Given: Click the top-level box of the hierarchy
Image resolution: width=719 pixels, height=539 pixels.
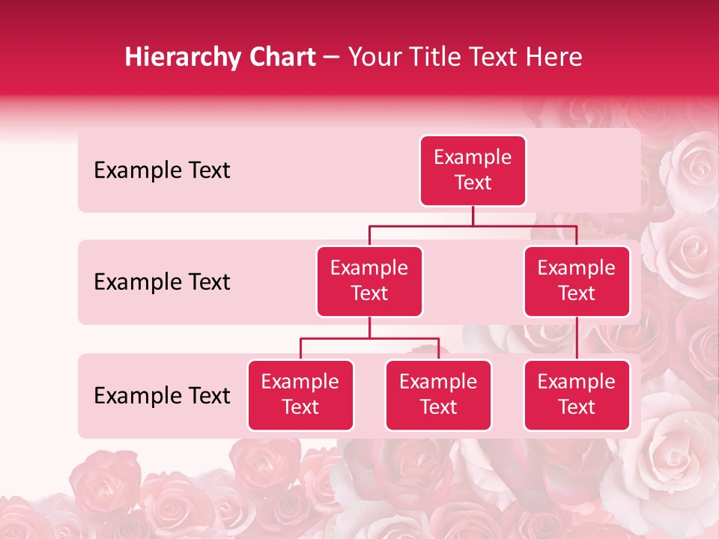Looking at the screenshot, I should click(x=473, y=171).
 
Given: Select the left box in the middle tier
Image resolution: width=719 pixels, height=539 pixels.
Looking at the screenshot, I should click(x=369, y=281).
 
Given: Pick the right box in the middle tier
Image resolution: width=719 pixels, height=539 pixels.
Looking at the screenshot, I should click(x=577, y=281).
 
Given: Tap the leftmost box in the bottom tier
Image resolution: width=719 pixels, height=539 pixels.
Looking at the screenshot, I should click(x=300, y=395).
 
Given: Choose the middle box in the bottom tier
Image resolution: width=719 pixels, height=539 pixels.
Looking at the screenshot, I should click(x=438, y=395).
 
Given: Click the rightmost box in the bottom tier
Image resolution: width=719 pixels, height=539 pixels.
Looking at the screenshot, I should click(x=577, y=395).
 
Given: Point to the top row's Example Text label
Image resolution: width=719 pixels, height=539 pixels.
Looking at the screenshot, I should click(x=162, y=171).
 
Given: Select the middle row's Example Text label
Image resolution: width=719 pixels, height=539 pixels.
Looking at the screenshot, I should click(x=162, y=282).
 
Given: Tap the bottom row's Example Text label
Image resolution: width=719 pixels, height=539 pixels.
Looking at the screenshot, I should click(x=162, y=396).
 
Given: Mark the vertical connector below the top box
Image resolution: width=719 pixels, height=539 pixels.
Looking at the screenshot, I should click(x=473, y=216).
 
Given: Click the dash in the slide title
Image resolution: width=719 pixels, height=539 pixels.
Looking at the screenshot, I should click(x=332, y=58).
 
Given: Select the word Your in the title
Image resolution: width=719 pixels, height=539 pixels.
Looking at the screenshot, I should click(x=371, y=58).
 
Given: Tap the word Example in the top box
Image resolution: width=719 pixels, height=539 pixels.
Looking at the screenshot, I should click(x=473, y=157).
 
